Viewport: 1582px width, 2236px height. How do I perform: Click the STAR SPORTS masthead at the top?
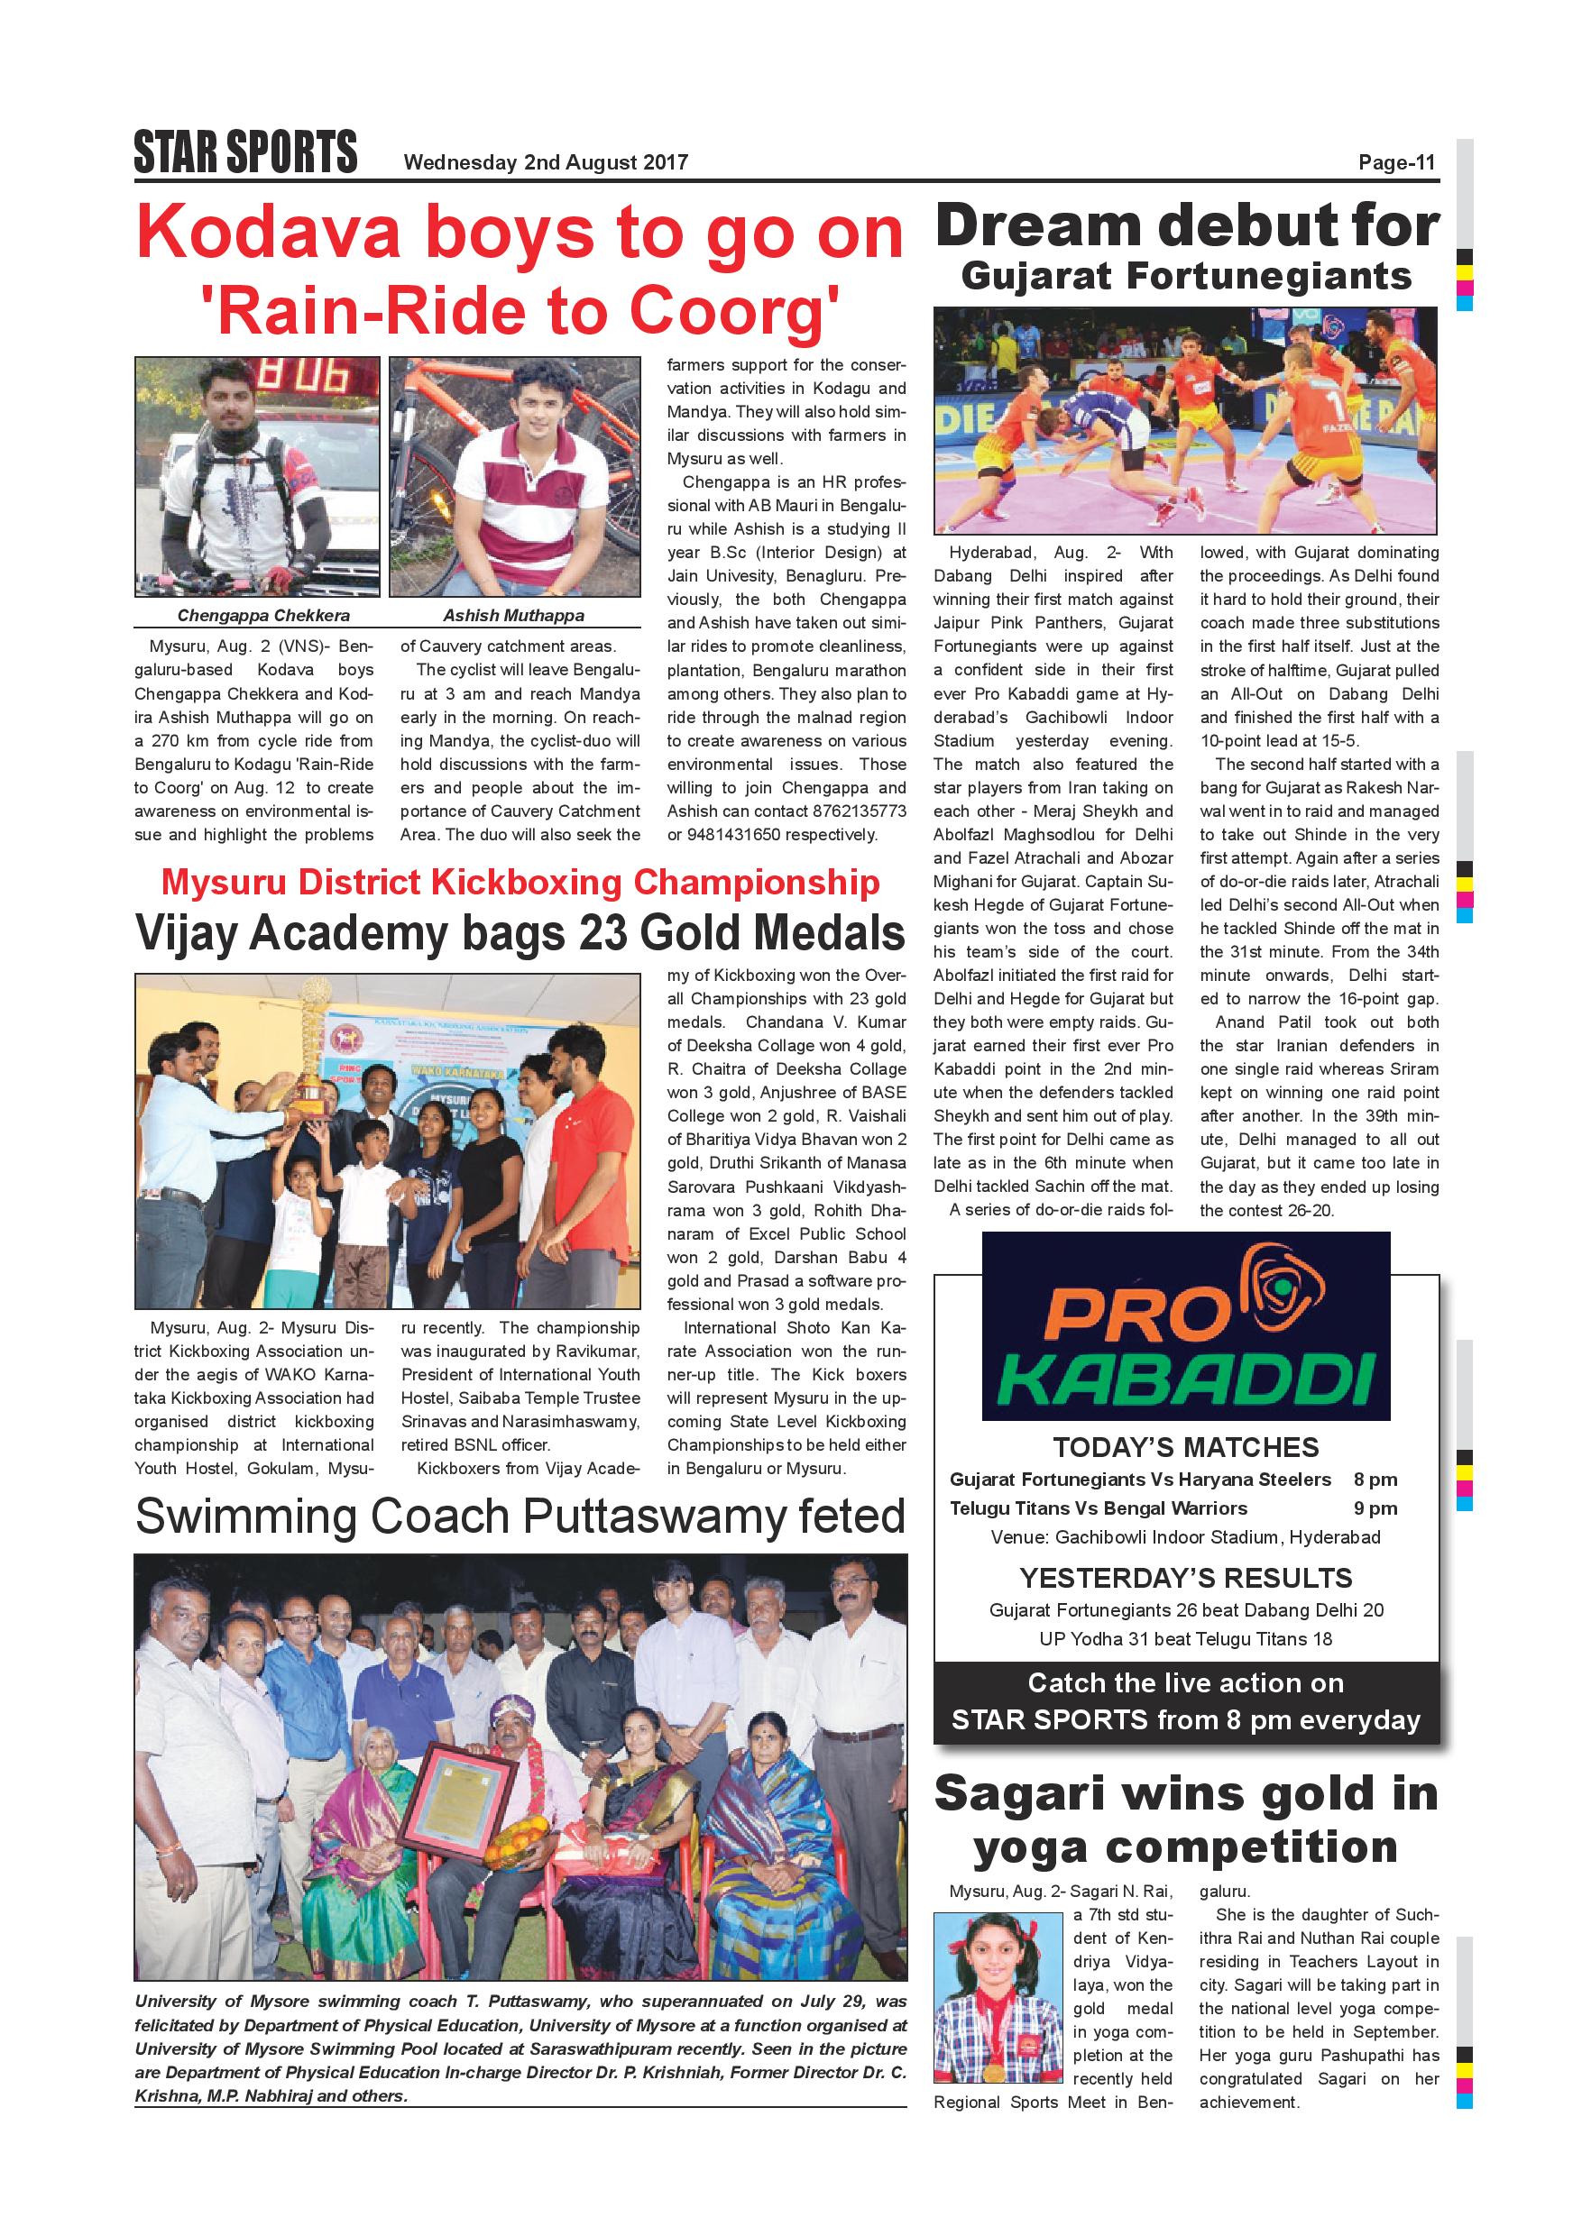245,153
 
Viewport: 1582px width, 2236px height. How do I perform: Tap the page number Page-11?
1397,162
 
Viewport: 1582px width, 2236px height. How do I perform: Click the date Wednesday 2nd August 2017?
546,162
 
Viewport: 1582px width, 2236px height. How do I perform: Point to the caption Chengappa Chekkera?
263,616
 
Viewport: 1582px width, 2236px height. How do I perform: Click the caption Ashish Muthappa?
513,616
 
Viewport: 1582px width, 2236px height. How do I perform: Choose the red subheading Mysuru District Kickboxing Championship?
520,883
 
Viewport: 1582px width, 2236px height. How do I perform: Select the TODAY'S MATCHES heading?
1185,1447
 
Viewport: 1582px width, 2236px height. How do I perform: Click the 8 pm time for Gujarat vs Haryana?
1375,1480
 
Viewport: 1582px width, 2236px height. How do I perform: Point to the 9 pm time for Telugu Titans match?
1375,1508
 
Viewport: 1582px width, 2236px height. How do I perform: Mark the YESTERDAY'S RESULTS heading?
1185,1578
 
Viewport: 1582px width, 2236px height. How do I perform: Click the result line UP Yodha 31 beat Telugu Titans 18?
1185,1639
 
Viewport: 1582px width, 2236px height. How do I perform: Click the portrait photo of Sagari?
997,1998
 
